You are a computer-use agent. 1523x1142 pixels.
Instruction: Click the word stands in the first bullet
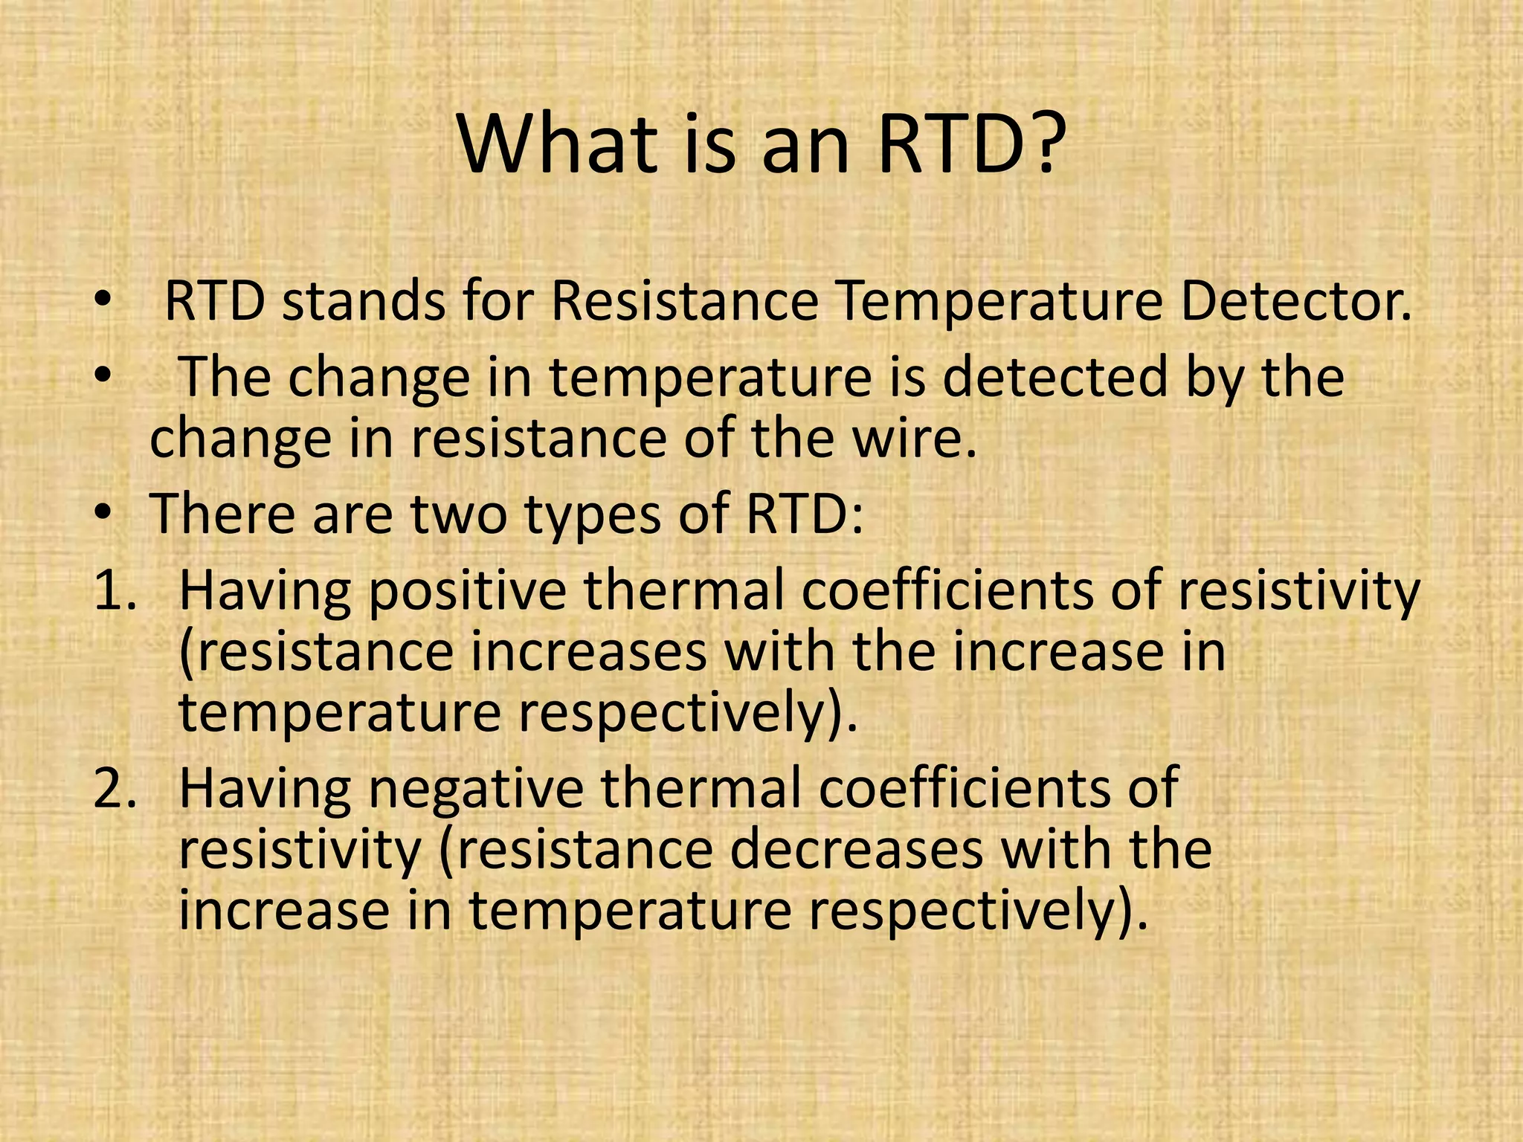pyautogui.click(x=362, y=302)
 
